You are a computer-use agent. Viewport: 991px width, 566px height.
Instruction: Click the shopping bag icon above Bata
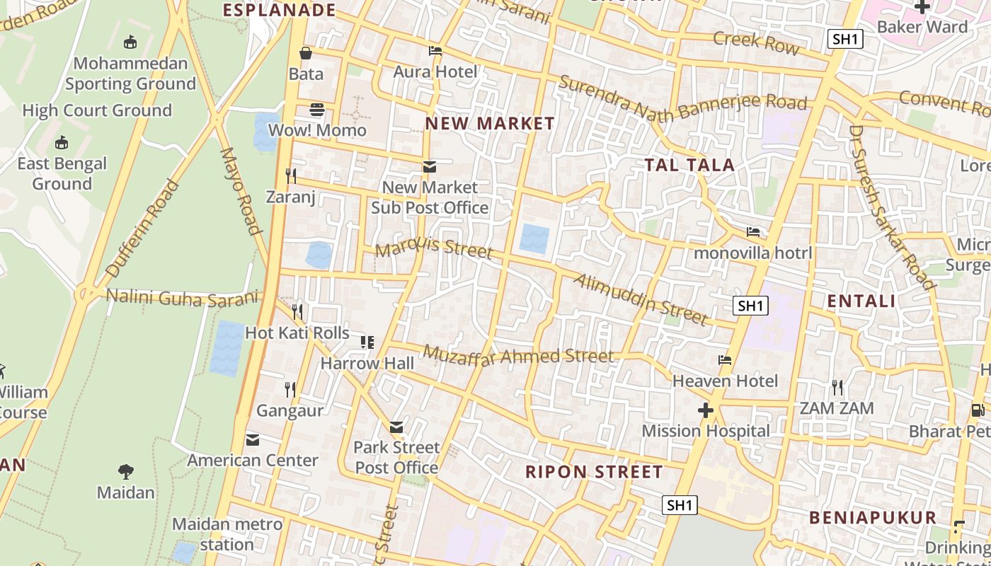pyautogui.click(x=306, y=53)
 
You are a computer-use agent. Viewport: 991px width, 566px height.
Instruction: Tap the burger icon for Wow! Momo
pyautogui.click(x=316, y=110)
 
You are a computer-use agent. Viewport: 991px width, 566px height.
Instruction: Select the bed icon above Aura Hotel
pyautogui.click(x=435, y=51)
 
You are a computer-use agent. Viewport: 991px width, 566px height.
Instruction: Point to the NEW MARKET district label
pyautogui.click(x=490, y=124)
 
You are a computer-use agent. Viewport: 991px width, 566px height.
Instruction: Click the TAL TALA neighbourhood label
pyautogui.click(x=689, y=165)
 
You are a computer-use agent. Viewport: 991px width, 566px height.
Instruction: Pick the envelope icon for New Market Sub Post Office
pyautogui.click(x=429, y=167)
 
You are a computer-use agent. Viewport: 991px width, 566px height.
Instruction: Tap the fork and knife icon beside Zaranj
pyautogui.click(x=290, y=175)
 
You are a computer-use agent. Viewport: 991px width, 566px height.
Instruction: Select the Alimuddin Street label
pyautogui.click(x=641, y=299)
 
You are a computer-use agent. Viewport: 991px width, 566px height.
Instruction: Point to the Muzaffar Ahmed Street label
pyautogui.click(x=518, y=355)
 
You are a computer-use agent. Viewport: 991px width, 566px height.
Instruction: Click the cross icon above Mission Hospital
pyautogui.click(x=705, y=410)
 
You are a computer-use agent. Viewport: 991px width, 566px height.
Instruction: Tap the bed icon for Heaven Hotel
pyautogui.click(x=725, y=360)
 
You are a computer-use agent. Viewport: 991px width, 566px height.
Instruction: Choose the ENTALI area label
pyautogui.click(x=861, y=301)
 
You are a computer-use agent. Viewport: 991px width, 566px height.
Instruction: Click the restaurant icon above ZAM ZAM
pyautogui.click(x=837, y=387)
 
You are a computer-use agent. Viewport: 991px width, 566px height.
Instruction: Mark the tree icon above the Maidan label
pyautogui.click(x=126, y=471)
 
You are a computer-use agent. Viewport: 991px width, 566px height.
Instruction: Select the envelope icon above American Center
pyautogui.click(x=253, y=440)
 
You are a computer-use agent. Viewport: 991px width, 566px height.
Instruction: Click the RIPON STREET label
pyautogui.click(x=594, y=472)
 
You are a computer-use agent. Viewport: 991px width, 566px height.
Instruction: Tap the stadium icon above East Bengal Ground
pyautogui.click(x=62, y=142)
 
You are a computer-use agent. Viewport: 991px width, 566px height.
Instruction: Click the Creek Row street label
pyautogui.click(x=756, y=42)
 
